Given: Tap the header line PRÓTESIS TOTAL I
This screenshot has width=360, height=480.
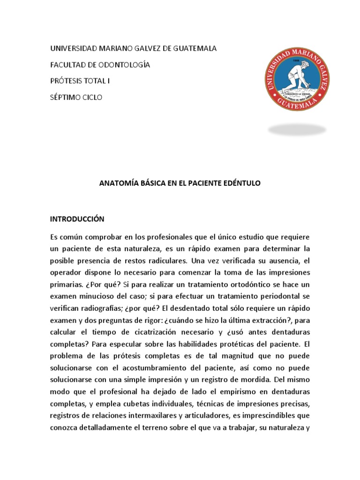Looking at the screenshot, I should click(80, 81).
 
